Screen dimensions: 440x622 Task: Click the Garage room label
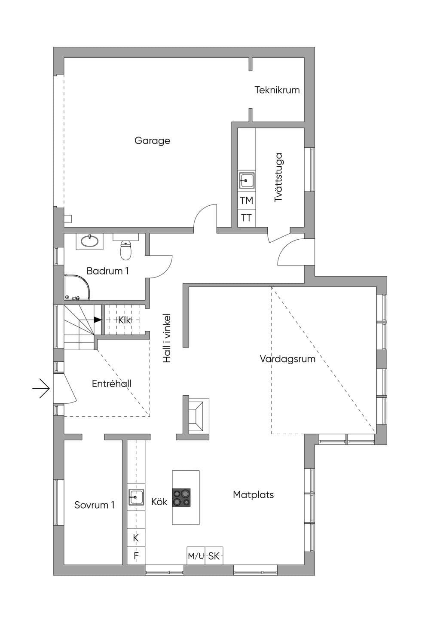pyautogui.click(x=152, y=141)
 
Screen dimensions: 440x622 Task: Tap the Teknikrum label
pyautogui.click(x=277, y=90)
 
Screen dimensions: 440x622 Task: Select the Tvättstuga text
pyautogui.click(x=278, y=177)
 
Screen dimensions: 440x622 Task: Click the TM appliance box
pyautogui.click(x=247, y=200)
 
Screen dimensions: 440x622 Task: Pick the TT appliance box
pyautogui.click(x=247, y=218)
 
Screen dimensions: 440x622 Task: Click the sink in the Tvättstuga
pyautogui.click(x=246, y=180)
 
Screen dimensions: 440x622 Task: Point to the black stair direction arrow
pyautogui.click(x=97, y=320)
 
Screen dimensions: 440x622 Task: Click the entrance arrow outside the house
pyautogui.click(x=41, y=388)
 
